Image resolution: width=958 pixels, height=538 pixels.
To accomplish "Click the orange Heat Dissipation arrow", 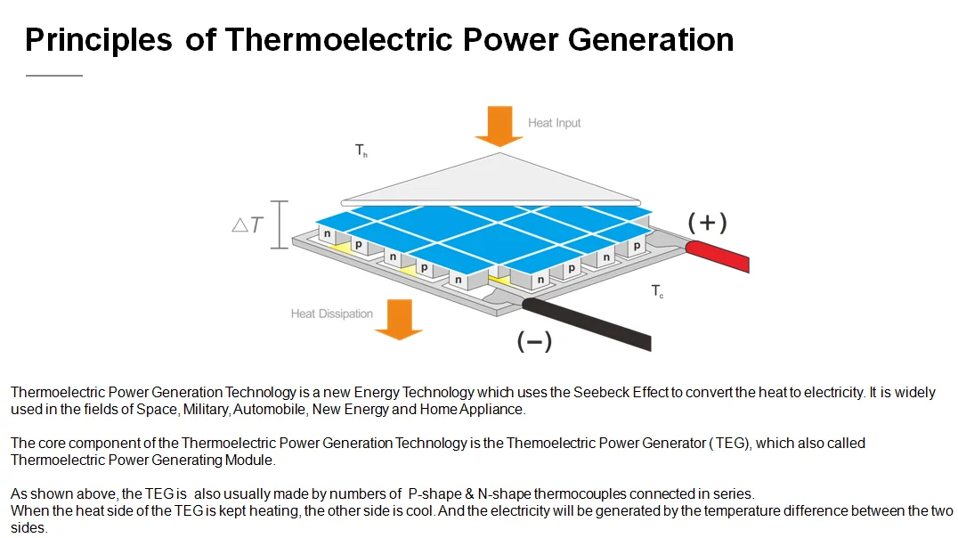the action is tap(398, 318).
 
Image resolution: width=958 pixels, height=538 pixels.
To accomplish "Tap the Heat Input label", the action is tap(554, 123).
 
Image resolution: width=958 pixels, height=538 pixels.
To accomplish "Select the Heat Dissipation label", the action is tap(331, 314).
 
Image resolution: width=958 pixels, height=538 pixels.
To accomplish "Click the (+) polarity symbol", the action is tap(708, 222).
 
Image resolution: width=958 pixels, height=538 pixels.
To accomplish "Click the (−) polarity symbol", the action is tap(534, 340).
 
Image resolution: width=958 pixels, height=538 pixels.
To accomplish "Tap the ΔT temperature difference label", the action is tap(248, 224).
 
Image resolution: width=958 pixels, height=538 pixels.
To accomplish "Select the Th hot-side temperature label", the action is tap(361, 151).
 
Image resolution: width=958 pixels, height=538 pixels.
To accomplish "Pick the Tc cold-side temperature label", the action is tap(657, 291).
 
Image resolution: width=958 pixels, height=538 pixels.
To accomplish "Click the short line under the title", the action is tap(53, 76).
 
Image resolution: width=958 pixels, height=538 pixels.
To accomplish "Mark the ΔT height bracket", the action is tap(280, 224).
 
